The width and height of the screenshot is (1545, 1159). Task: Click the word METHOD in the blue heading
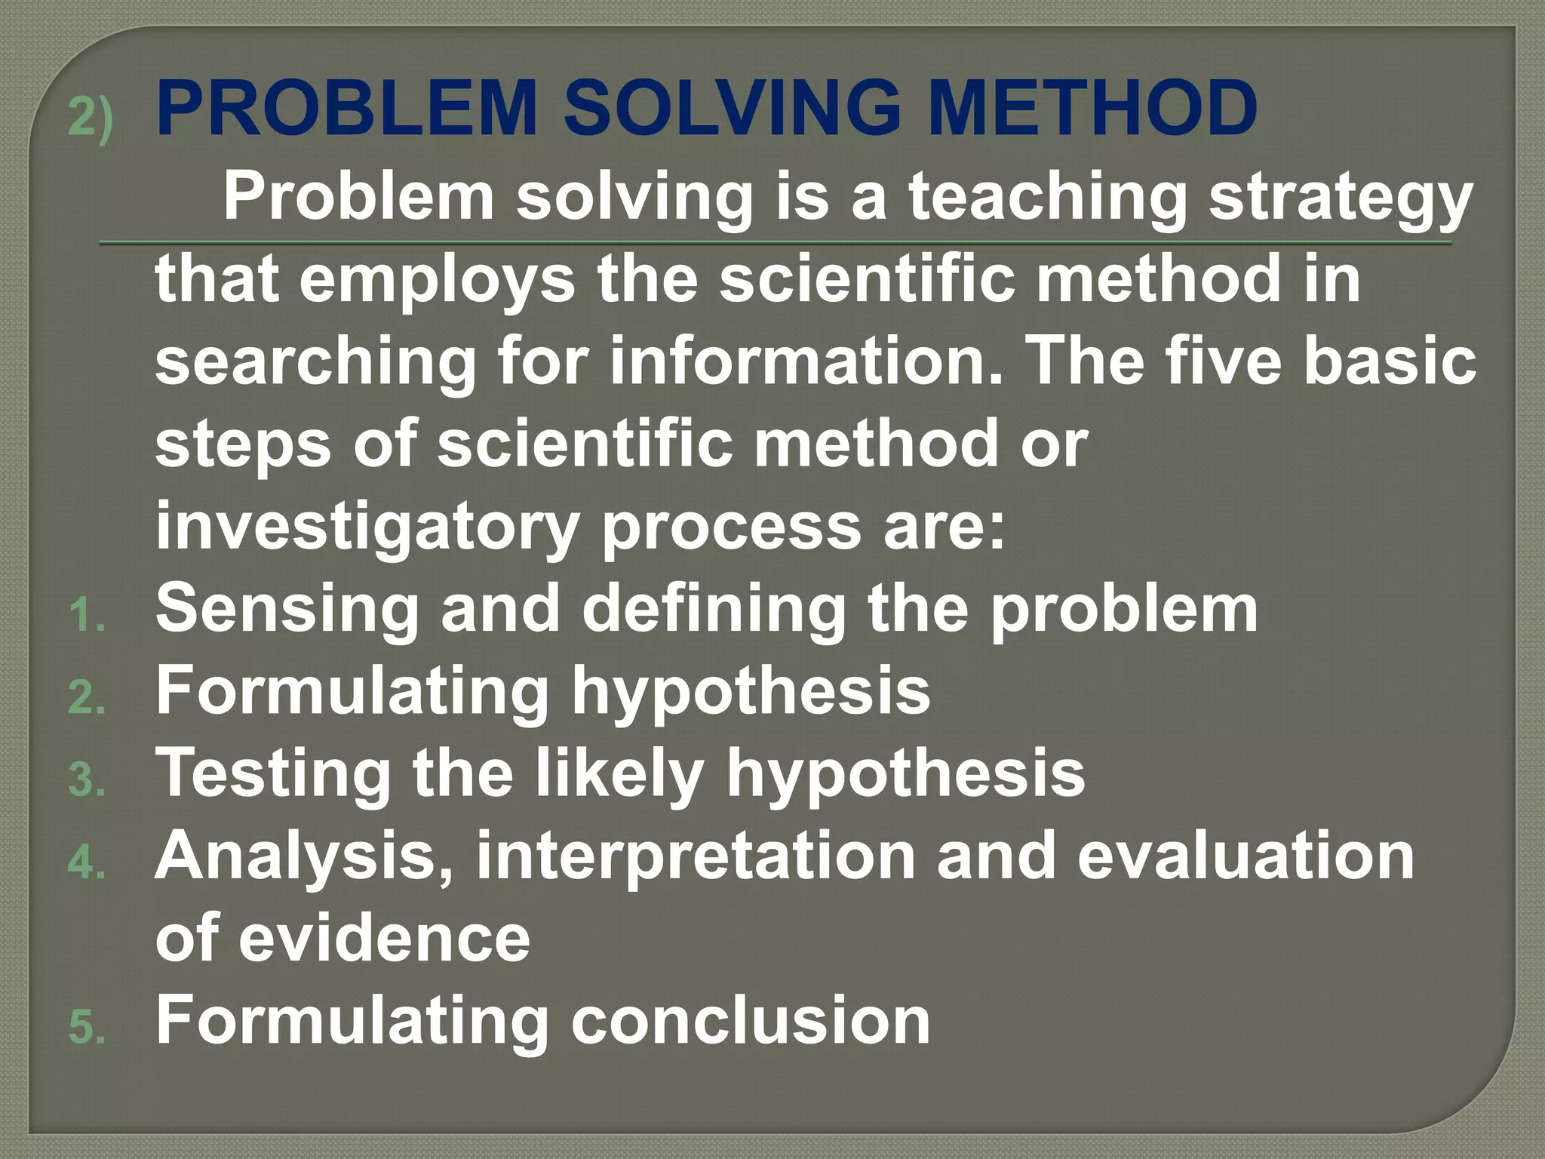pos(1092,109)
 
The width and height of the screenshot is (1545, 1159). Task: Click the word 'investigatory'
pos(367,527)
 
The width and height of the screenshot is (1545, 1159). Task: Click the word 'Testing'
pos(273,773)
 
